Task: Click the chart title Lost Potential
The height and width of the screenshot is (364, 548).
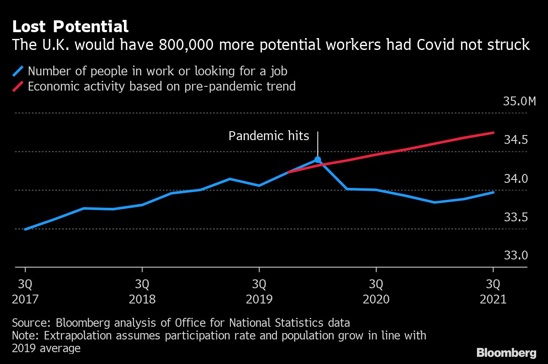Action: [x=70, y=27]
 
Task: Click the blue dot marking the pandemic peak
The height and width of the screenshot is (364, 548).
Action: [x=318, y=160]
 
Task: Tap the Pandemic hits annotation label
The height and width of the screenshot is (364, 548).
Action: [x=269, y=136]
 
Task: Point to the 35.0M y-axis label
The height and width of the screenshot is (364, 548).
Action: [x=519, y=102]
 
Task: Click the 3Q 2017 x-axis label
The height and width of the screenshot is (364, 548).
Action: [x=25, y=291]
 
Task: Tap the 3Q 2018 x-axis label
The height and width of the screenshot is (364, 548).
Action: [x=142, y=291]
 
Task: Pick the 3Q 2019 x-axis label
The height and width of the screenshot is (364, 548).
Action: [x=259, y=291]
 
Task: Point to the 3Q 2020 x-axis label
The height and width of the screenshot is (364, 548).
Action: [x=376, y=291]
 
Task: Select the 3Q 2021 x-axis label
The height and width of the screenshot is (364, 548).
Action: [x=493, y=291]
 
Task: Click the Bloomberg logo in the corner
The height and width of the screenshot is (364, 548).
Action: [x=506, y=353]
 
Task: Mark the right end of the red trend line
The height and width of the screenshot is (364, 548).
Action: [x=493, y=133]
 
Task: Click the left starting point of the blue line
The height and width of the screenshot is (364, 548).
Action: [x=26, y=229]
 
